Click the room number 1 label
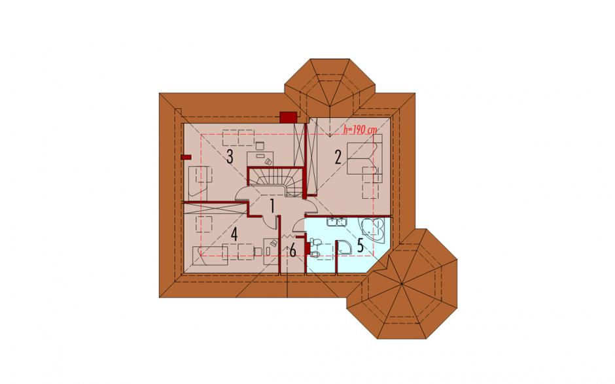tap(271, 206)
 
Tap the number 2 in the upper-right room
tap(338, 157)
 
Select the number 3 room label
tap(230, 157)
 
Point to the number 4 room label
tap(234, 235)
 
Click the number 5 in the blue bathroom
tap(360, 245)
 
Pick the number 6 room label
tap(292, 251)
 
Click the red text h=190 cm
tap(358, 130)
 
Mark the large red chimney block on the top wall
tap(289, 117)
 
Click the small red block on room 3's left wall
tap(186, 157)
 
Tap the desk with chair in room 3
tap(260, 156)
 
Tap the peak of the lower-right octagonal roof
tap(403, 284)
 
